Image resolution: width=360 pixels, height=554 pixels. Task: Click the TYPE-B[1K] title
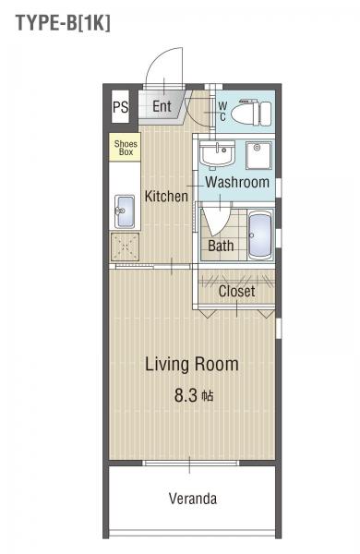pos(64,22)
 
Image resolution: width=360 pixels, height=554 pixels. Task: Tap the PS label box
pos(121,107)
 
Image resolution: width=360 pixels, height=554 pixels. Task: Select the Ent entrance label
pos(162,106)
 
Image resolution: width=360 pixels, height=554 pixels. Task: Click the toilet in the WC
pos(251,113)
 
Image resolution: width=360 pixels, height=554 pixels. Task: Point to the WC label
pos(223,112)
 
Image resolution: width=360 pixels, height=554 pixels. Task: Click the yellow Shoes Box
pos(125,148)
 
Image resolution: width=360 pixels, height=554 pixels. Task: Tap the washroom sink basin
pos(217,153)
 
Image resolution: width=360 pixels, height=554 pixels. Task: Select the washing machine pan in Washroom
pos(259,155)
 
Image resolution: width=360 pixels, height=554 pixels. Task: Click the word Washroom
pos(237,182)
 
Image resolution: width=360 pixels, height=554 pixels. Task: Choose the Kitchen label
pos(166,196)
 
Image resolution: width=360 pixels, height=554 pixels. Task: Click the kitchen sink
pos(125,211)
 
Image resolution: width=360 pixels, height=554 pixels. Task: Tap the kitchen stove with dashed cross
pos(125,247)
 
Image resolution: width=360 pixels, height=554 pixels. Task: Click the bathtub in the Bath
pos(260,235)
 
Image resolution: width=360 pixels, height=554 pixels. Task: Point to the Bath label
pos(221,246)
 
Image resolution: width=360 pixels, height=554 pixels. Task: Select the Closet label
pos(236,291)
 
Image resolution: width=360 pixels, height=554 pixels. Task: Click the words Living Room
pos(192,365)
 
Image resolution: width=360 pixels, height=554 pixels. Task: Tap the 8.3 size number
pos(186,395)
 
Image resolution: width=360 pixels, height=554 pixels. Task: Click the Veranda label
pos(193,499)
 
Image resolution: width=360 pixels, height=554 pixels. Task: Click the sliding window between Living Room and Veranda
pos(190,463)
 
